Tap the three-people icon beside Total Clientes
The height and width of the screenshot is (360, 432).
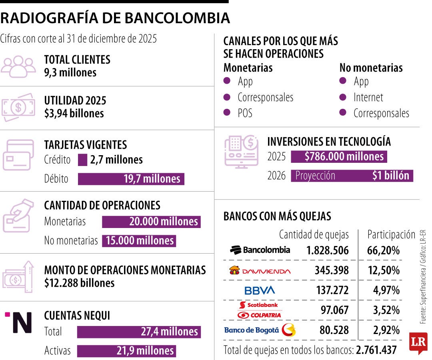[x=18, y=66]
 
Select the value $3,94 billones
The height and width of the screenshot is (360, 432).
[x=74, y=113]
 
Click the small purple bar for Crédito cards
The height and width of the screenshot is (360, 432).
[x=82, y=160]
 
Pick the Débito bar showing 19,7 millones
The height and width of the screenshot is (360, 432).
[x=131, y=179]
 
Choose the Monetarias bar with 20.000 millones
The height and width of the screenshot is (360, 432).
[x=151, y=222]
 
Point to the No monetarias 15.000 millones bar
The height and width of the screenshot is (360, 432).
[x=139, y=240]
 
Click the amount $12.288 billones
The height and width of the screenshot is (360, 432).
[x=79, y=283]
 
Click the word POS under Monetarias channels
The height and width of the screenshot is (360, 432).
[x=245, y=113]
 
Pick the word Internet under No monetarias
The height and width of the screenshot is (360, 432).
[x=368, y=97]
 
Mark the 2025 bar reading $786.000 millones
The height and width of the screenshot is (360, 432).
[x=339, y=156]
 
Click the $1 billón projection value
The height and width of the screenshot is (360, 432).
[x=390, y=176]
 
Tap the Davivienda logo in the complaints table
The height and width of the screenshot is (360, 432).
[x=260, y=271]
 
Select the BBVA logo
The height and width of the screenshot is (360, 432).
[x=260, y=290]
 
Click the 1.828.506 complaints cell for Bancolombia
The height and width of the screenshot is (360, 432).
[x=327, y=251]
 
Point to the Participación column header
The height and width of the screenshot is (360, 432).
[x=391, y=234]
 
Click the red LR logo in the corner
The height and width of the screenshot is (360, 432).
[x=418, y=342]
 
